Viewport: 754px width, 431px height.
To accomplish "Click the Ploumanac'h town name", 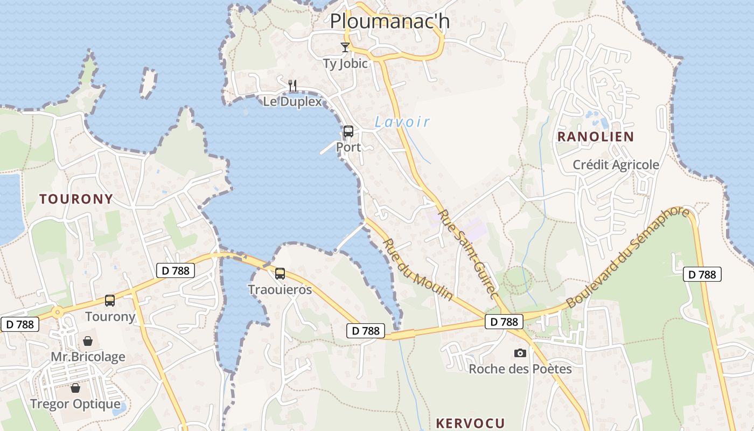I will [389, 22].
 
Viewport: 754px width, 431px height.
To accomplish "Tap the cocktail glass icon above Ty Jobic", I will [345, 47].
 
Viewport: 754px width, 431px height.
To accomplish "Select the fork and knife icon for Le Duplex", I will [292, 85].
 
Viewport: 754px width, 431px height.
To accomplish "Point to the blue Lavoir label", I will [402, 122].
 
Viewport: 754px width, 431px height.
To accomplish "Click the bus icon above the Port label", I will [348, 131].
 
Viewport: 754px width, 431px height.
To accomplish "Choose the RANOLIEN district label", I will [596, 137].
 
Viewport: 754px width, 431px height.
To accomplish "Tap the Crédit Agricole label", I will [616, 165].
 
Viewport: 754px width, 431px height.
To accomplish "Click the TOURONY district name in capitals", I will [76, 199].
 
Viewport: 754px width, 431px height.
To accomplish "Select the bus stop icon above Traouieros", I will [280, 274].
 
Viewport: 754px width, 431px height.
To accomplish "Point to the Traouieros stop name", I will [280, 290].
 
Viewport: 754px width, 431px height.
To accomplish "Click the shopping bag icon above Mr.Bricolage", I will [88, 341].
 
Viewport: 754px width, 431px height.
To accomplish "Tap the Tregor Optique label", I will [75, 404].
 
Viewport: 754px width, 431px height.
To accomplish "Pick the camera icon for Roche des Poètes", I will [520, 353].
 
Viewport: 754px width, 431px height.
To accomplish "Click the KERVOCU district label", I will [470, 423].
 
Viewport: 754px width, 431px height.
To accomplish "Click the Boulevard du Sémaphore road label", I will [628, 256].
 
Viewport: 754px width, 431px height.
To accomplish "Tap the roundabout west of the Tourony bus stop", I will [57, 311].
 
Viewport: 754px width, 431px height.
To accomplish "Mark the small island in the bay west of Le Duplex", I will [148, 83].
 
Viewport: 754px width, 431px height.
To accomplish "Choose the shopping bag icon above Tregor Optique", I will [75, 388].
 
